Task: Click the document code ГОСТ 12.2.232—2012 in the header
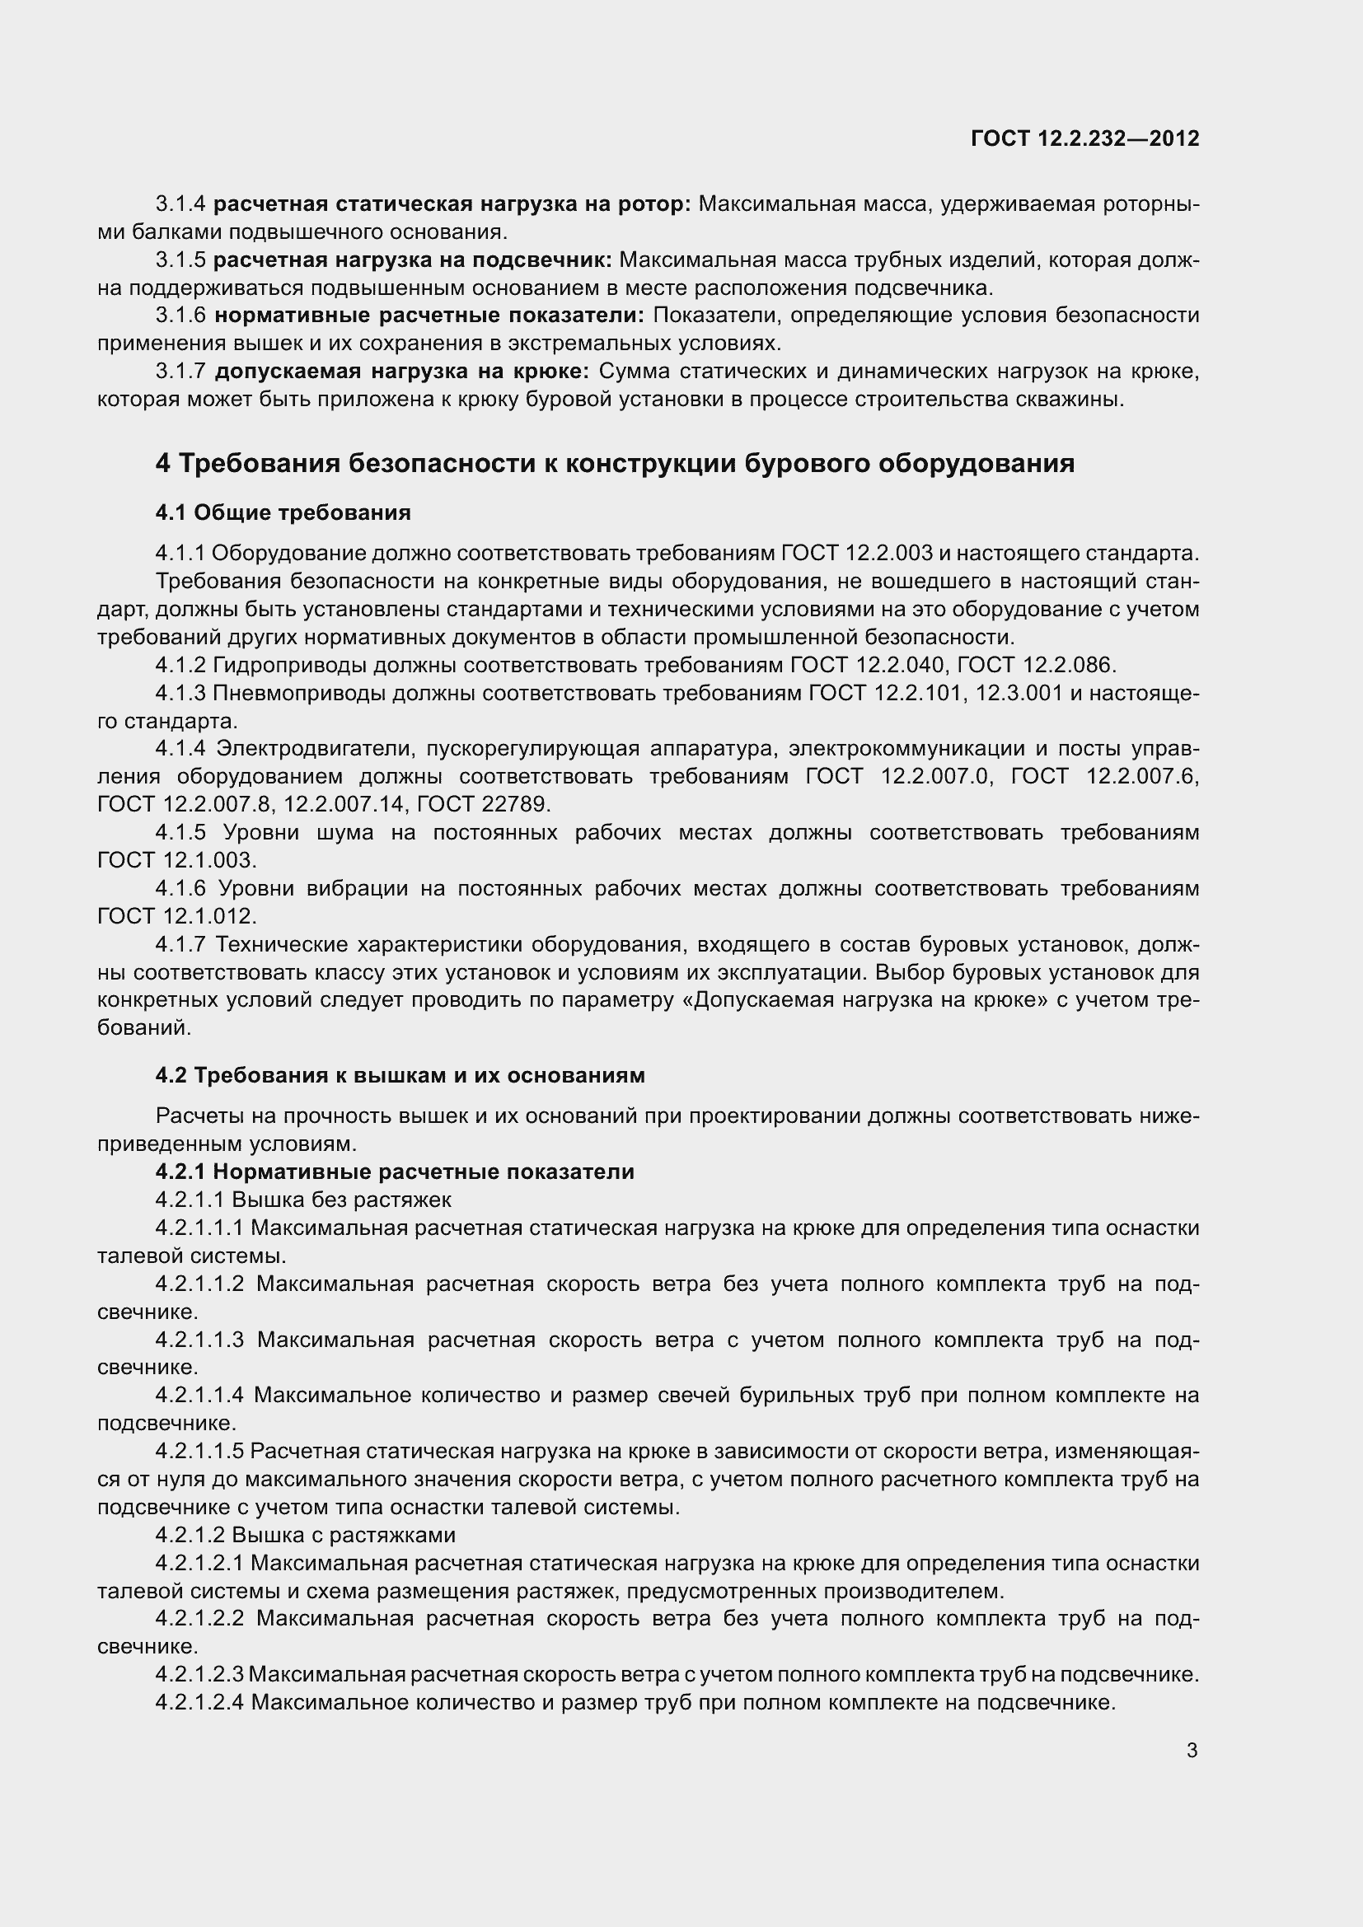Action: tap(1084, 138)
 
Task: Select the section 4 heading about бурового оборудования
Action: tap(615, 463)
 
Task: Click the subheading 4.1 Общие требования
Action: tap(283, 512)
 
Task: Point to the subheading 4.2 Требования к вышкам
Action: tap(400, 1076)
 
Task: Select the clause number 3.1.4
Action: tap(180, 204)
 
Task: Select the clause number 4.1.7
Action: tap(180, 945)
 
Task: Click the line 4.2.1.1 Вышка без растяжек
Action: tap(303, 1200)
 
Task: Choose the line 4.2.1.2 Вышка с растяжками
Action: tap(305, 1535)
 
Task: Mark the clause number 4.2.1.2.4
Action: tap(199, 1703)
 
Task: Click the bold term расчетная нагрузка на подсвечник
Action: tap(412, 260)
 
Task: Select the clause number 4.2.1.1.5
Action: tap(199, 1451)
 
